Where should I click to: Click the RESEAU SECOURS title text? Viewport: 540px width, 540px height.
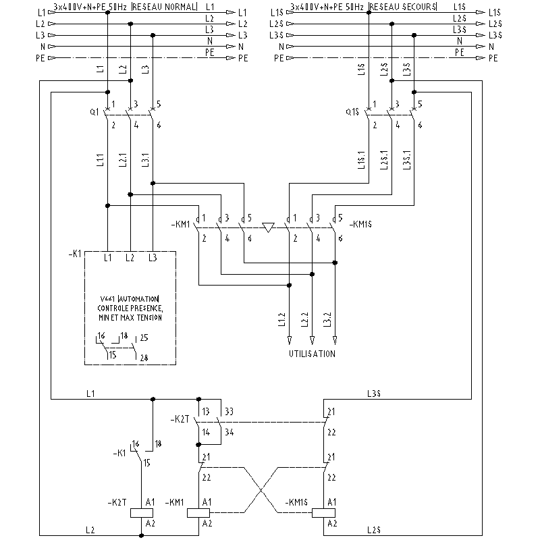tap(403, 7)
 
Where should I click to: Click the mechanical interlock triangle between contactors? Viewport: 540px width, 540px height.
tap(268, 227)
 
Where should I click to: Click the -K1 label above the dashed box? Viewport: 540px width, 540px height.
tap(76, 254)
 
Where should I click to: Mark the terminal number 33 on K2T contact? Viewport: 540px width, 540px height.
tap(230, 411)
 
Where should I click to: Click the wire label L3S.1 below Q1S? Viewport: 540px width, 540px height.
tap(406, 159)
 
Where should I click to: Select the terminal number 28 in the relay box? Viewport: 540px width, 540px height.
tap(143, 358)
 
